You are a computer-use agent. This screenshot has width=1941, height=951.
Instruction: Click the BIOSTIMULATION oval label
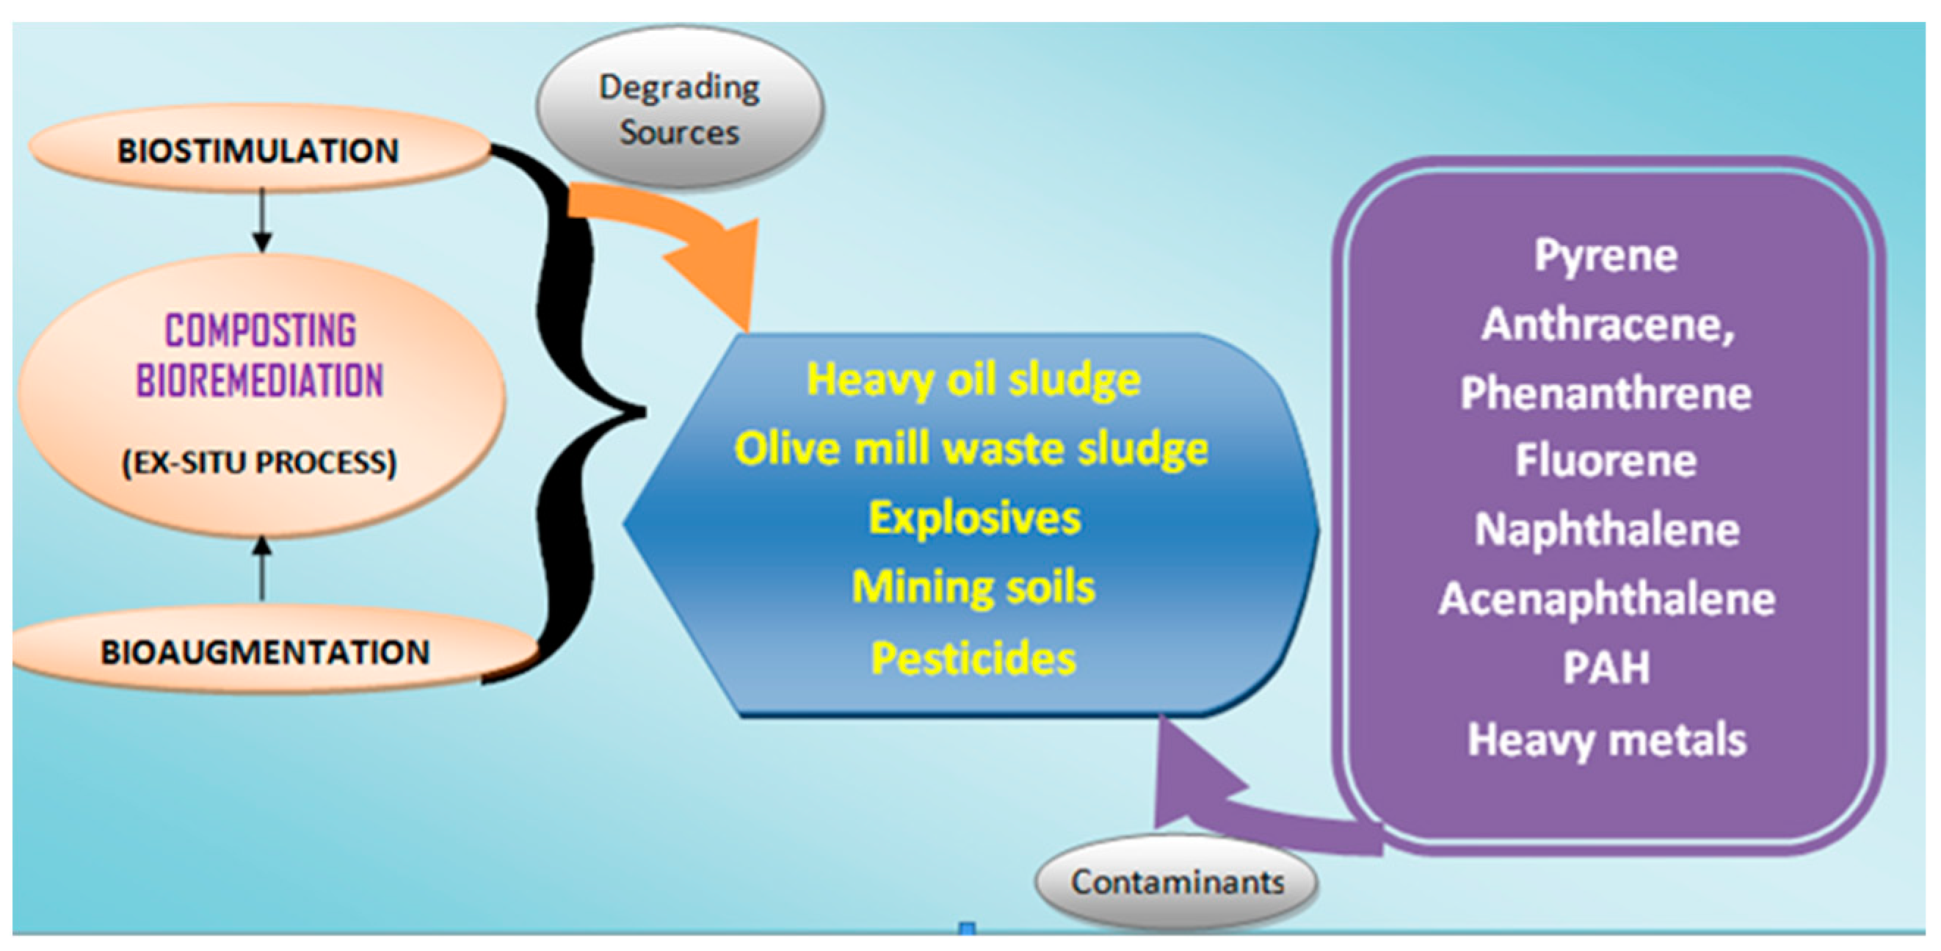point(258,150)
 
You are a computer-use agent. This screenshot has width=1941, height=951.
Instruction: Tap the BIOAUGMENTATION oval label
point(265,652)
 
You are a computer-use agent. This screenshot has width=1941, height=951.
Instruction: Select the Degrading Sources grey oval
point(680,109)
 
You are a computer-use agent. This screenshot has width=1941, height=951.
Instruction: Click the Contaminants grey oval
point(1177,883)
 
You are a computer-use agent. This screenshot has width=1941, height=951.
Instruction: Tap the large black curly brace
point(573,411)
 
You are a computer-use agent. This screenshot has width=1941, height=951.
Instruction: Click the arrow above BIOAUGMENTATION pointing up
point(261,569)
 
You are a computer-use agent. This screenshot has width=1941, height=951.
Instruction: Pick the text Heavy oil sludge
point(973,379)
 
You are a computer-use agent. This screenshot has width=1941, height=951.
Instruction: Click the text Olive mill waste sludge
point(971,449)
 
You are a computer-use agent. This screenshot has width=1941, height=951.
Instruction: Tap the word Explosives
point(974,518)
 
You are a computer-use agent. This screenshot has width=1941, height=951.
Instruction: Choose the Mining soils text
point(973,587)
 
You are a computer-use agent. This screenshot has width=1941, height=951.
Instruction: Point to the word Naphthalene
point(1607,529)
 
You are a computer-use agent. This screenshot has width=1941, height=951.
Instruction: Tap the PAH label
point(1606,668)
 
